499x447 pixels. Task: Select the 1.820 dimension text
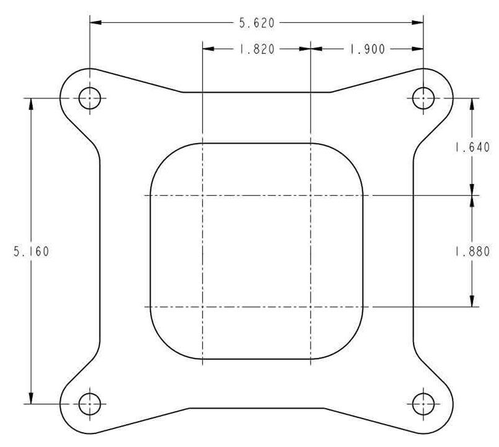point(257,49)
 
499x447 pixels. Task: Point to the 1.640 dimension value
point(472,147)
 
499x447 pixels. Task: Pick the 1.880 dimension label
point(472,251)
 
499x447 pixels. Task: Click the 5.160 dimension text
point(31,251)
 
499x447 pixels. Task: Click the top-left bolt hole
point(91,98)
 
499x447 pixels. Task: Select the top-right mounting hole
point(423,98)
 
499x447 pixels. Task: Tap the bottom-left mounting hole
point(91,404)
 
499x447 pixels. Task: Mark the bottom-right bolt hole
point(423,404)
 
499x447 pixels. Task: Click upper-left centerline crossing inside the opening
point(203,195)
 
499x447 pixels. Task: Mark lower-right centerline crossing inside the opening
point(310,307)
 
